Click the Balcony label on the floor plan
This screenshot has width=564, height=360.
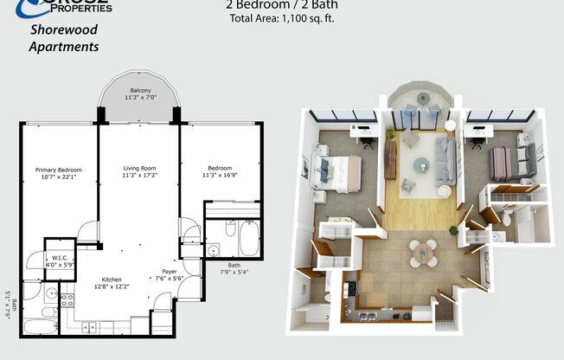pyautogui.click(x=140, y=91)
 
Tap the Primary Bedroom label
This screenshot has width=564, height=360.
pyautogui.click(x=57, y=170)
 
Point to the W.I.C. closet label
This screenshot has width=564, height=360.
pyautogui.click(x=60, y=257)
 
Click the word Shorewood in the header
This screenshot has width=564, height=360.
pyautogui.click(x=64, y=29)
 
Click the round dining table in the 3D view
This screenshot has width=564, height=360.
pyautogui.click(x=424, y=252)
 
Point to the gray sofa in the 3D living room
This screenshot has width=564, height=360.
pyautogui.click(x=445, y=160)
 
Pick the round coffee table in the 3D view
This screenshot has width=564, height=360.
pyautogui.click(x=421, y=164)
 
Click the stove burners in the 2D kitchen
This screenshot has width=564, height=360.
pyautogui.click(x=67, y=299)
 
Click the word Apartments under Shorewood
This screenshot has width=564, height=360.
pyautogui.click(x=64, y=47)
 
